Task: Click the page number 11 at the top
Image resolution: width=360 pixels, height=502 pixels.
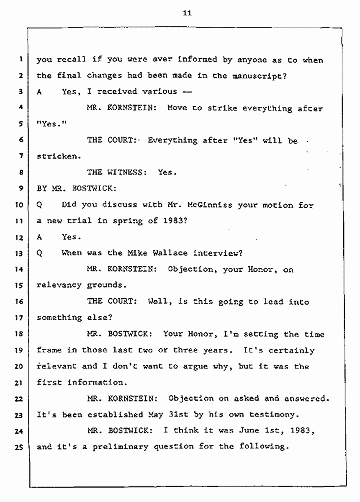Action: pos(187,13)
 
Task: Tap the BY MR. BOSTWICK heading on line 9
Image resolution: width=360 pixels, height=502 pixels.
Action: pos(75,188)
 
